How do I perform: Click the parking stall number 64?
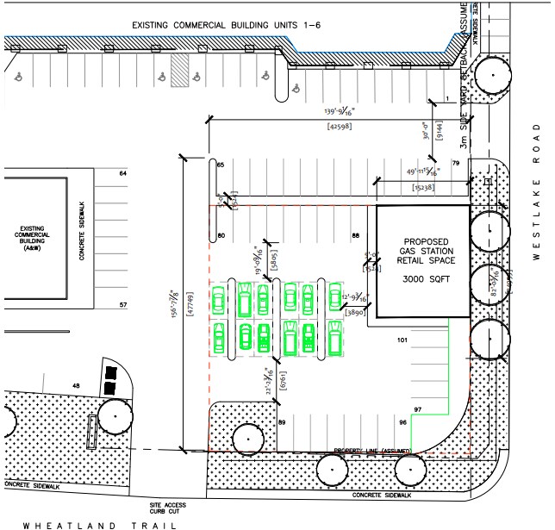(x=122, y=174)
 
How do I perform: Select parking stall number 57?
(x=122, y=305)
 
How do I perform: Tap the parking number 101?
(x=401, y=341)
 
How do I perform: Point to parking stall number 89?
(x=281, y=421)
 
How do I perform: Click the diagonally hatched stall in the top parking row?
(x=178, y=72)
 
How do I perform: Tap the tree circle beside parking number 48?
(x=115, y=418)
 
